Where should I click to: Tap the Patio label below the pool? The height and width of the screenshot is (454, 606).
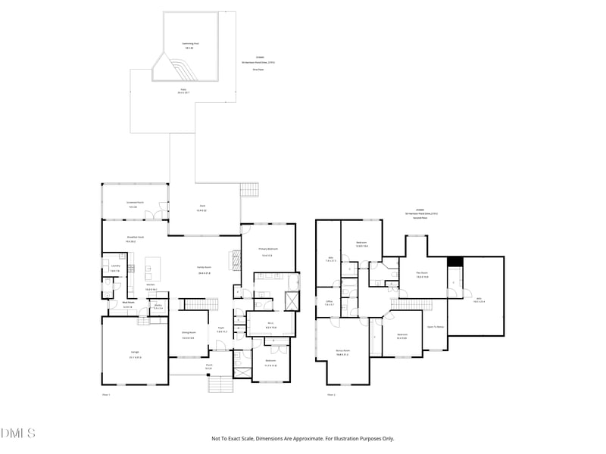(x=182, y=92)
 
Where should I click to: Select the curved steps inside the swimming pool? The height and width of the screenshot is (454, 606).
(x=180, y=70)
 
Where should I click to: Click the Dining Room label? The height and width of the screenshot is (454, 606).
(x=188, y=335)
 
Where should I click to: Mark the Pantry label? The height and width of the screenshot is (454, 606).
(x=158, y=306)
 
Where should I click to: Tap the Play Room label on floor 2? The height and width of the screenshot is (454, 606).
(x=422, y=275)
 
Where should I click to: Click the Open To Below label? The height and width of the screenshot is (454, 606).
(x=436, y=326)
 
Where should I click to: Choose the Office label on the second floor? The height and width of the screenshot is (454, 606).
(x=329, y=303)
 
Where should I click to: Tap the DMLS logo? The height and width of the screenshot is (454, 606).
(x=18, y=434)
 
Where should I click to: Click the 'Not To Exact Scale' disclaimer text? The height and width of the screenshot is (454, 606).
(x=303, y=438)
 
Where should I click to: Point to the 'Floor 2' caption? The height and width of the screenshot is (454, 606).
(x=331, y=394)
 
